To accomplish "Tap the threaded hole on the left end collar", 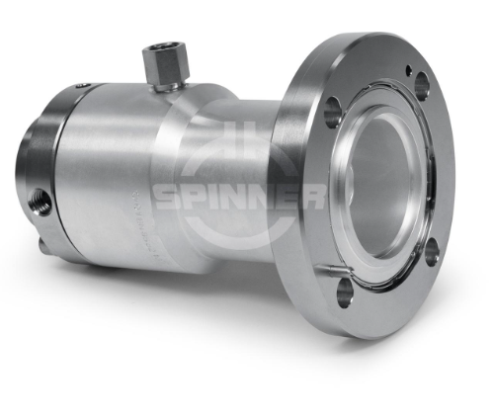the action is tap(41, 201).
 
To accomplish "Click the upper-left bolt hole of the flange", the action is tap(332, 110).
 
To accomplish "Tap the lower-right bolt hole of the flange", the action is tap(432, 252).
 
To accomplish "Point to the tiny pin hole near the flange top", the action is tap(409, 70).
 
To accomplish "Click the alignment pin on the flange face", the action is tap(333, 270).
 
